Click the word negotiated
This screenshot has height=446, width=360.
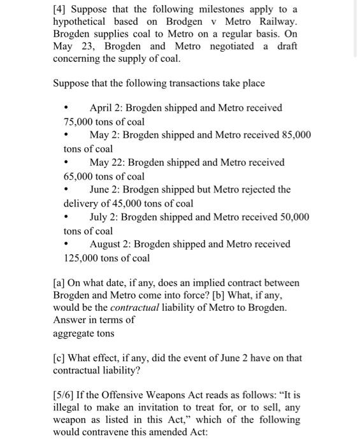229,47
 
